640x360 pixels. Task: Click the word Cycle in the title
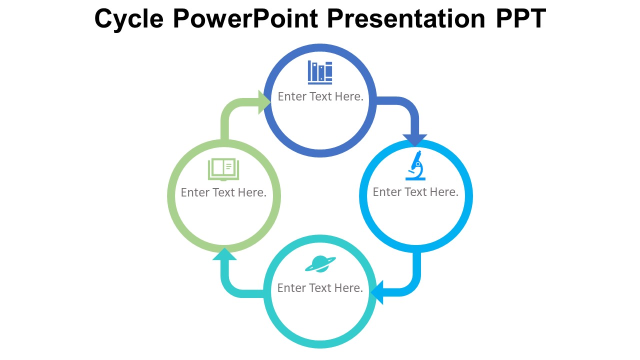[128, 19]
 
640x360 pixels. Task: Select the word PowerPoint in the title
[245, 19]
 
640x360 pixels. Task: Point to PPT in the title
[520, 19]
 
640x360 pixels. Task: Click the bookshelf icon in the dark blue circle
[320, 72]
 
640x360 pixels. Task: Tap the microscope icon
[415, 165]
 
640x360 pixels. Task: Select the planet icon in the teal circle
[320, 264]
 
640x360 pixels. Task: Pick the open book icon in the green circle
[223, 169]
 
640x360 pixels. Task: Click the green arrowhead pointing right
[264, 102]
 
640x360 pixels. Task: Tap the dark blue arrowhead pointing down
[415, 140]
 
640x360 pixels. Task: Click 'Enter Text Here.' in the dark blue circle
[320, 96]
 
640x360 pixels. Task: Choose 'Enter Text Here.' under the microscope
[415, 192]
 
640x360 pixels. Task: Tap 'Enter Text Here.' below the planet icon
[320, 288]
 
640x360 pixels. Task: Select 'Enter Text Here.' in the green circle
[223, 192]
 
